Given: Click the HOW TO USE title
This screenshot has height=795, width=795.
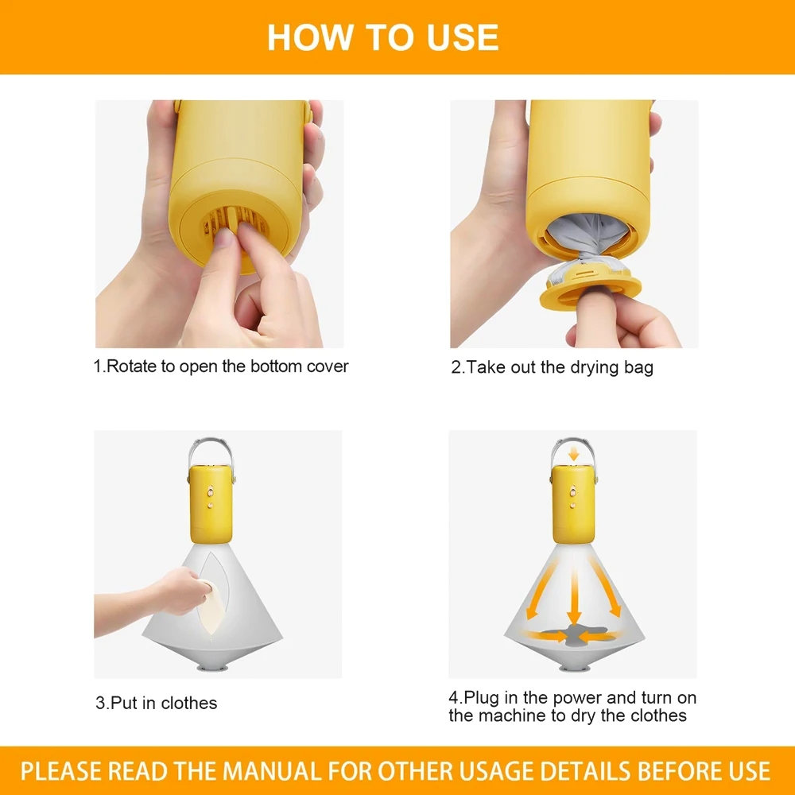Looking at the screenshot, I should tap(382, 37).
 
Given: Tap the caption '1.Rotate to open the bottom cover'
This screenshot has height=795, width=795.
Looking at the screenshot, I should tap(221, 366).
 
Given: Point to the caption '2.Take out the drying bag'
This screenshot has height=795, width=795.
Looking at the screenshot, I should tap(552, 367).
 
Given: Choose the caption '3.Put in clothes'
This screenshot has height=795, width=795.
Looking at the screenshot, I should tap(156, 703).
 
